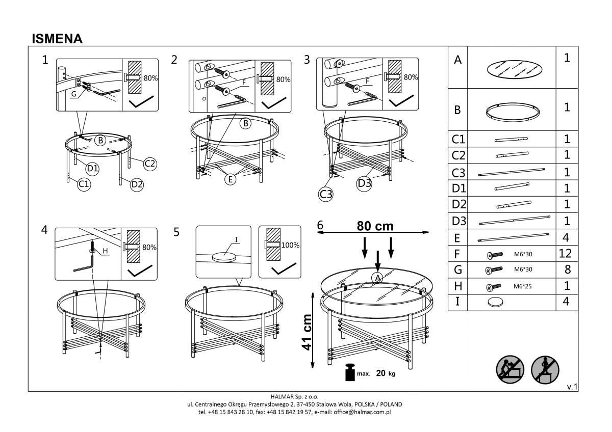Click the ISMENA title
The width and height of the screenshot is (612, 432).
[x=57, y=39]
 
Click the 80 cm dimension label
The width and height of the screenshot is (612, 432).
[x=375, y=226]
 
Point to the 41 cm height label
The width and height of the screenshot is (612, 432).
[x=306, y=332]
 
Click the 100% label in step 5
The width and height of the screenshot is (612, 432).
[x=290, y=245]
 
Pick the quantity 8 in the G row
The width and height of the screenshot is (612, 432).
[x=567, y=269]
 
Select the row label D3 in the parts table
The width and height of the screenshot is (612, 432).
[x=459, y=222]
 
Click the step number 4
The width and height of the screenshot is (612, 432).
[x=45, y=230]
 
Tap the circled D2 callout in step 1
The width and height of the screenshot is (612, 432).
[x=137, y=184]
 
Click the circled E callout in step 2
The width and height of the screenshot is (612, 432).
[x=231, y=179]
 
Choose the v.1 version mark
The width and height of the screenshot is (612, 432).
[x=572, y=387]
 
